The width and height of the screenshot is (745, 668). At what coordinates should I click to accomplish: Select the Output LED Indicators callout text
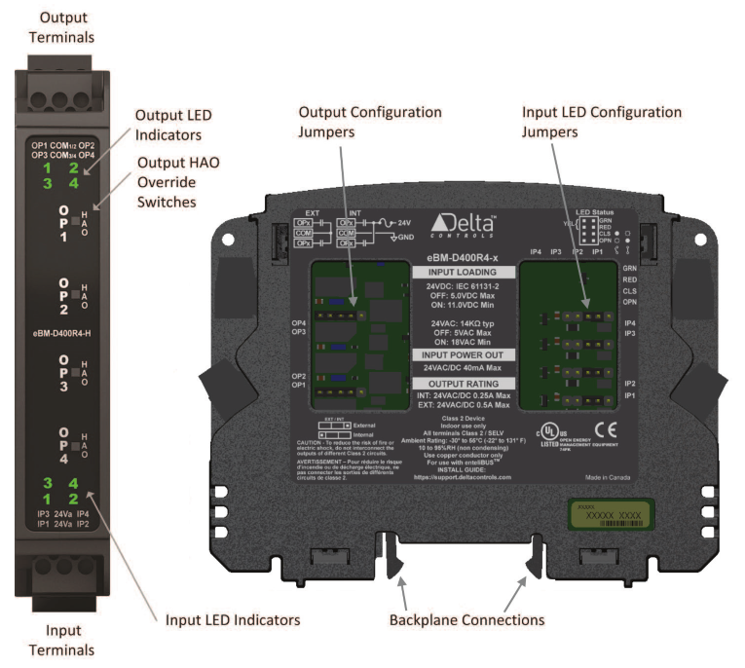point(173,126)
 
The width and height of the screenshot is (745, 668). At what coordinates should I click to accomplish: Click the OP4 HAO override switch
point(77,441)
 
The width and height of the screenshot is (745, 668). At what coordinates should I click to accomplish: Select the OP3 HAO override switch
point(77,370)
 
